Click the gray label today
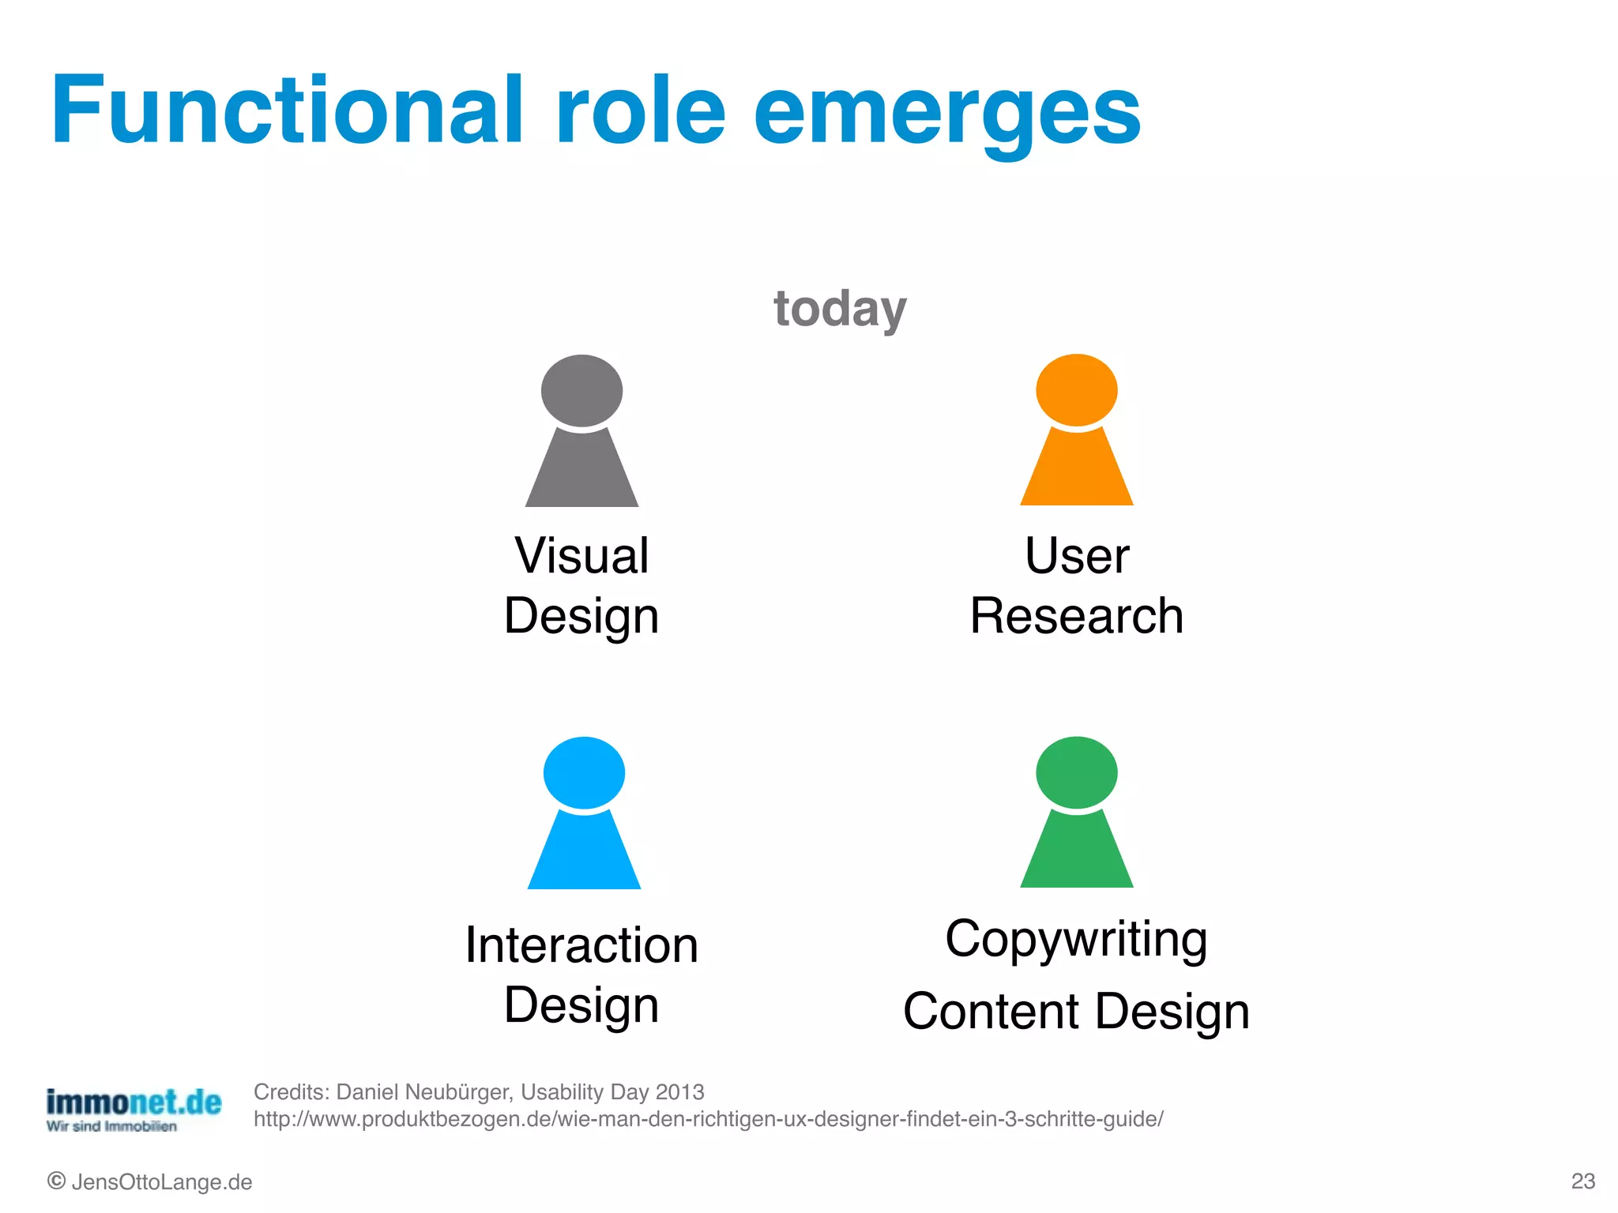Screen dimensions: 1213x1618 click(840, 309)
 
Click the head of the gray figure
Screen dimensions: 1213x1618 click(581, 390)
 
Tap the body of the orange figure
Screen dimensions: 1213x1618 click(1077, 471)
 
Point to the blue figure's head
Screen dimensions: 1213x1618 click(584, 772)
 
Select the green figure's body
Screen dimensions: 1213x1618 click(1077, 853)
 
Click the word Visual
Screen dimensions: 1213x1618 click(581, 555)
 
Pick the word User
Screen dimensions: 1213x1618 click(1077, 555)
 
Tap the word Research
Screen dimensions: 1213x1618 click(1077, 616)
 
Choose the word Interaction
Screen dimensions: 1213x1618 click(581, 945)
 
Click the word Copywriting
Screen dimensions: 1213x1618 click(1076, 940)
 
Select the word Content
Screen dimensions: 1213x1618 click(991, 1012)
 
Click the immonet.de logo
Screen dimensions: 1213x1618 click(134, 1108)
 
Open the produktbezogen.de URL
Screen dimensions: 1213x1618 click(708, 1119)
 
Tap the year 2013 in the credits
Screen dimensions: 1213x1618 click(679, 1092)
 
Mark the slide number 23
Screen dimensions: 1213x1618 click(1582, 1181)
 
